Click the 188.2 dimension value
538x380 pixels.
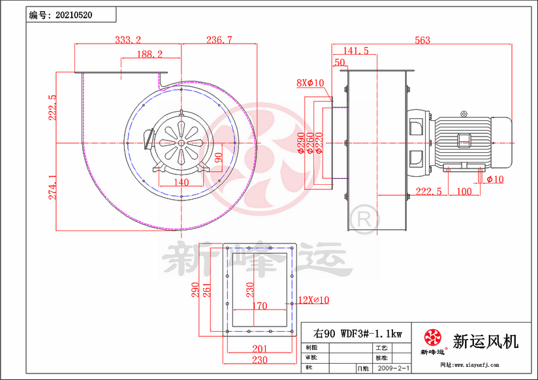point(150,54)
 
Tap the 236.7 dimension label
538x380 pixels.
point(219,40)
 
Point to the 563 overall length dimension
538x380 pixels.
point(422,40)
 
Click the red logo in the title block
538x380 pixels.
point(432,338)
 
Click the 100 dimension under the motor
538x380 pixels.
point(464,191)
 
